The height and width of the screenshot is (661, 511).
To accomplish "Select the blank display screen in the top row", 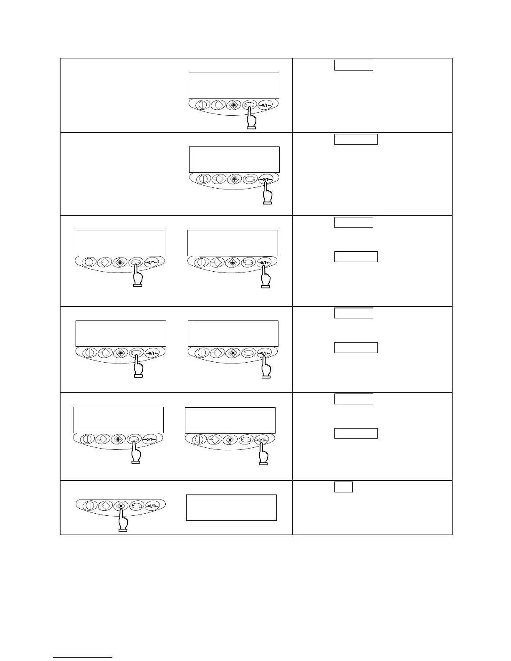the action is point(234,86).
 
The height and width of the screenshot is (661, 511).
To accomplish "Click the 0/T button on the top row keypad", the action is point(265,105).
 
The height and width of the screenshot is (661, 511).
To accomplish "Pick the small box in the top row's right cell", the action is point(353,65).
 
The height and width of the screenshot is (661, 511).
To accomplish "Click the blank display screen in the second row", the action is point(234,159).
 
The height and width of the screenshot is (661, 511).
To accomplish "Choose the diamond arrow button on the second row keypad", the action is point(218,179).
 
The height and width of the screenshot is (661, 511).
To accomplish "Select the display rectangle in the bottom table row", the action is point(231,507).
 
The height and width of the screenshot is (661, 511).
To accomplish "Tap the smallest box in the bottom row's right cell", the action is point(343,487).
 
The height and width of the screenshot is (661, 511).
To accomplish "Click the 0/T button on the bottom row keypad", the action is point(152,506).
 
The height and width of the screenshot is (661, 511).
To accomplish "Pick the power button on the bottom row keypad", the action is point(89,506).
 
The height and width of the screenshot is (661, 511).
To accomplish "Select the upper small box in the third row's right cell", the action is point(353,222).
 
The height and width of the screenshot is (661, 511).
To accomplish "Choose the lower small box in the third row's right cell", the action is point(356,257).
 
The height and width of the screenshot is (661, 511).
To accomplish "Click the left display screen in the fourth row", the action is point(121,333).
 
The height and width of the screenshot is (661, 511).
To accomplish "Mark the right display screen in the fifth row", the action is point(230,420).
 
